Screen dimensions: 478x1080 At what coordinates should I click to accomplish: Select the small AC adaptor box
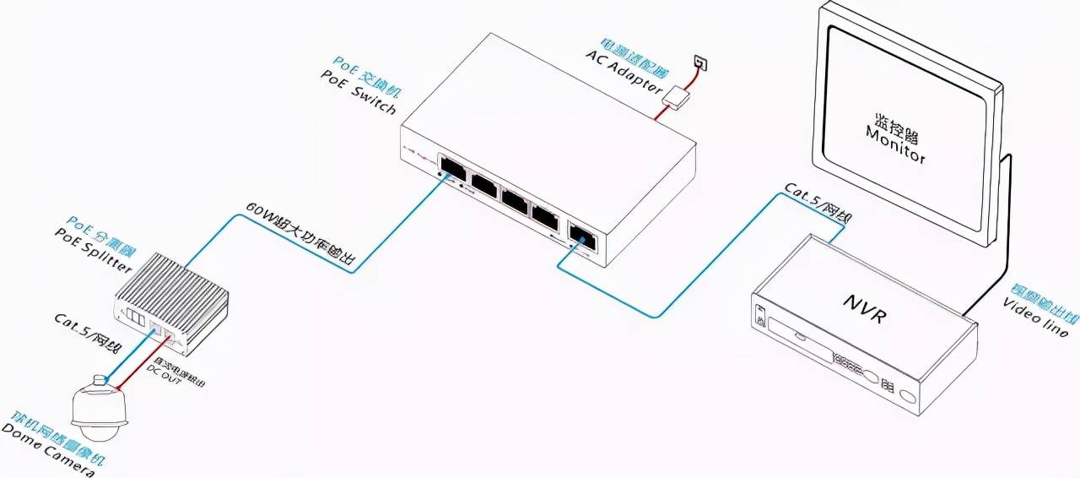[x=677, y=96]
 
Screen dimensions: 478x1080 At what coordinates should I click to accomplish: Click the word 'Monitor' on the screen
[x=895, y=145]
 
